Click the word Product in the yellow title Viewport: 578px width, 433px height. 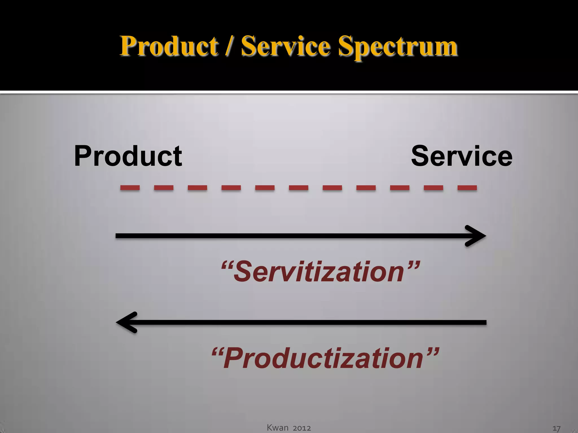(x=169, y=46)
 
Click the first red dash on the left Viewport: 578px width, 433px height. (x=130, y=188)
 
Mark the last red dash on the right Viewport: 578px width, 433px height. (x=467, y=188)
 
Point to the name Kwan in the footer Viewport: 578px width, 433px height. (x=278, y=428)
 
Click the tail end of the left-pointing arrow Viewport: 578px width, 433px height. (x=484, y=322)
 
